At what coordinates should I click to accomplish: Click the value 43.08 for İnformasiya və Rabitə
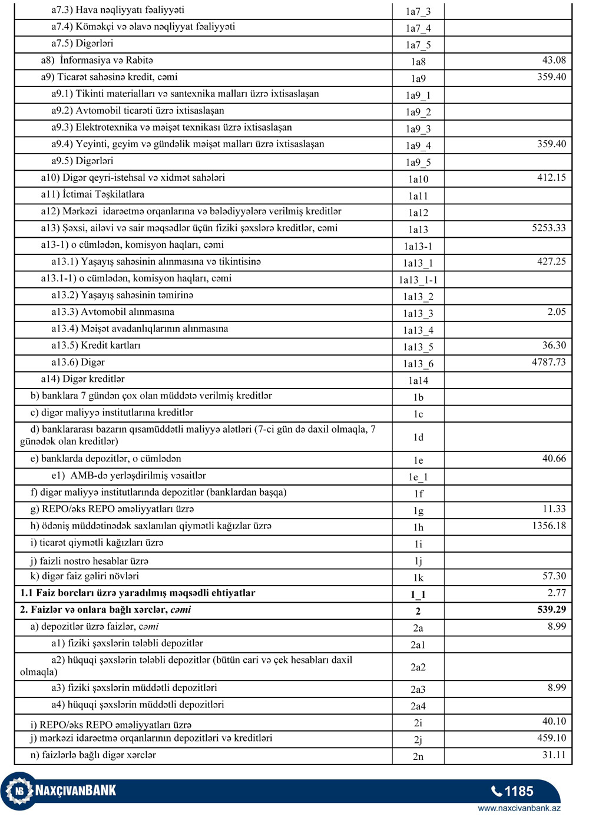click(x=554, y=60)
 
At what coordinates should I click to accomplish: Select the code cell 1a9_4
click(x=418, y=145)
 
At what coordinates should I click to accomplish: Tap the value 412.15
click(x=551, y=177)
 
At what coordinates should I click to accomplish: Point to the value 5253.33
click(x=548, y=228)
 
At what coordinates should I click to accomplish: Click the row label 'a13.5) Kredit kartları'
click(x=96, y=346)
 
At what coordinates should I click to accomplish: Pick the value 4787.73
click(x=548, y=362)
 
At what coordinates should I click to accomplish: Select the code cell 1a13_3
click(x=418, y=314)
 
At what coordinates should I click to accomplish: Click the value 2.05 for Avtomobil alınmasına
click(x=557, y=312)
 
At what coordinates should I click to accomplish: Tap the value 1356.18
click(x=548, y=526)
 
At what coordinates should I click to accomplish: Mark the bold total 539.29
click(x=551, y=610)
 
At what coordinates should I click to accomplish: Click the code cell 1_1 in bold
click(x=418, y=595)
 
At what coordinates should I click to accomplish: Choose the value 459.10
click(x=551, y=738)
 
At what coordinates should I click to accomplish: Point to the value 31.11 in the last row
click(x=554, y=755)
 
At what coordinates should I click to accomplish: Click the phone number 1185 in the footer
click(x=518, y=791)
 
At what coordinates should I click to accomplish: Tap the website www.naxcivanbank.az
click(x=519, y=808)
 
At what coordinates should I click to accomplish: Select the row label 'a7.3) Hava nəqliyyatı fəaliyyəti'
click(x=118, y=10)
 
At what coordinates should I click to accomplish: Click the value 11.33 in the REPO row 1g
click(x=554, y=509)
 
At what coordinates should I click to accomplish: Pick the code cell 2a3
click(x=418, y=689)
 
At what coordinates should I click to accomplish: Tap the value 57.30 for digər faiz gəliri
click(x=554, y=576)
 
